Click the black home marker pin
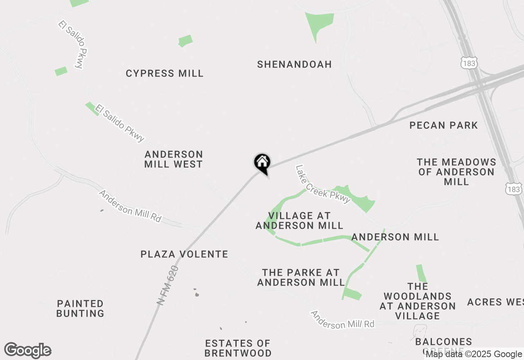(x=262, y=163)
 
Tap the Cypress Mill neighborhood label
(x=165, y=74)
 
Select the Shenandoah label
(x=294, y=65)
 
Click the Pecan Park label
(x=444, y=125)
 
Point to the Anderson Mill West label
(x=174, y=159)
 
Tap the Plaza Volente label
(x=184, y=254)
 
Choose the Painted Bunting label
(x=80, y=308)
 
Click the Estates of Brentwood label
(x=238, y=348)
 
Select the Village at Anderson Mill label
(x=299, y=220)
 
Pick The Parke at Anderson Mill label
(x=301, y=277)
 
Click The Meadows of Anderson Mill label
(x=456, y=172)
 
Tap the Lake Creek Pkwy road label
(x=323, y=184)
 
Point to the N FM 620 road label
(x=168, y=285)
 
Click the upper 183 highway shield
(x=468, y=63)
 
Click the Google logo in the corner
(x=28, y=350)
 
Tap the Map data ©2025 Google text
(x=474, y=354)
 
